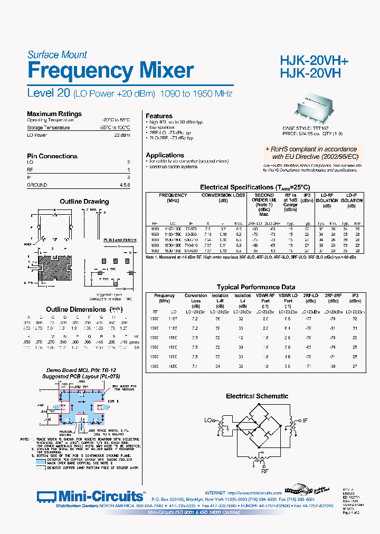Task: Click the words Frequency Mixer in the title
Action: pos(110,71)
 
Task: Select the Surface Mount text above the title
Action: pos(57,54)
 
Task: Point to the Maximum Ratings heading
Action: pos(54,113)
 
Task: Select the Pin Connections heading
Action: pos(52,156)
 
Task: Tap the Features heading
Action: pos(159,116)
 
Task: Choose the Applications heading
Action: pos(165,155)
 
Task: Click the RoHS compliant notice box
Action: pos(311,153)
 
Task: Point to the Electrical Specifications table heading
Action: pos(254,187)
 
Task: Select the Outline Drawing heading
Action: pos(84,202)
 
